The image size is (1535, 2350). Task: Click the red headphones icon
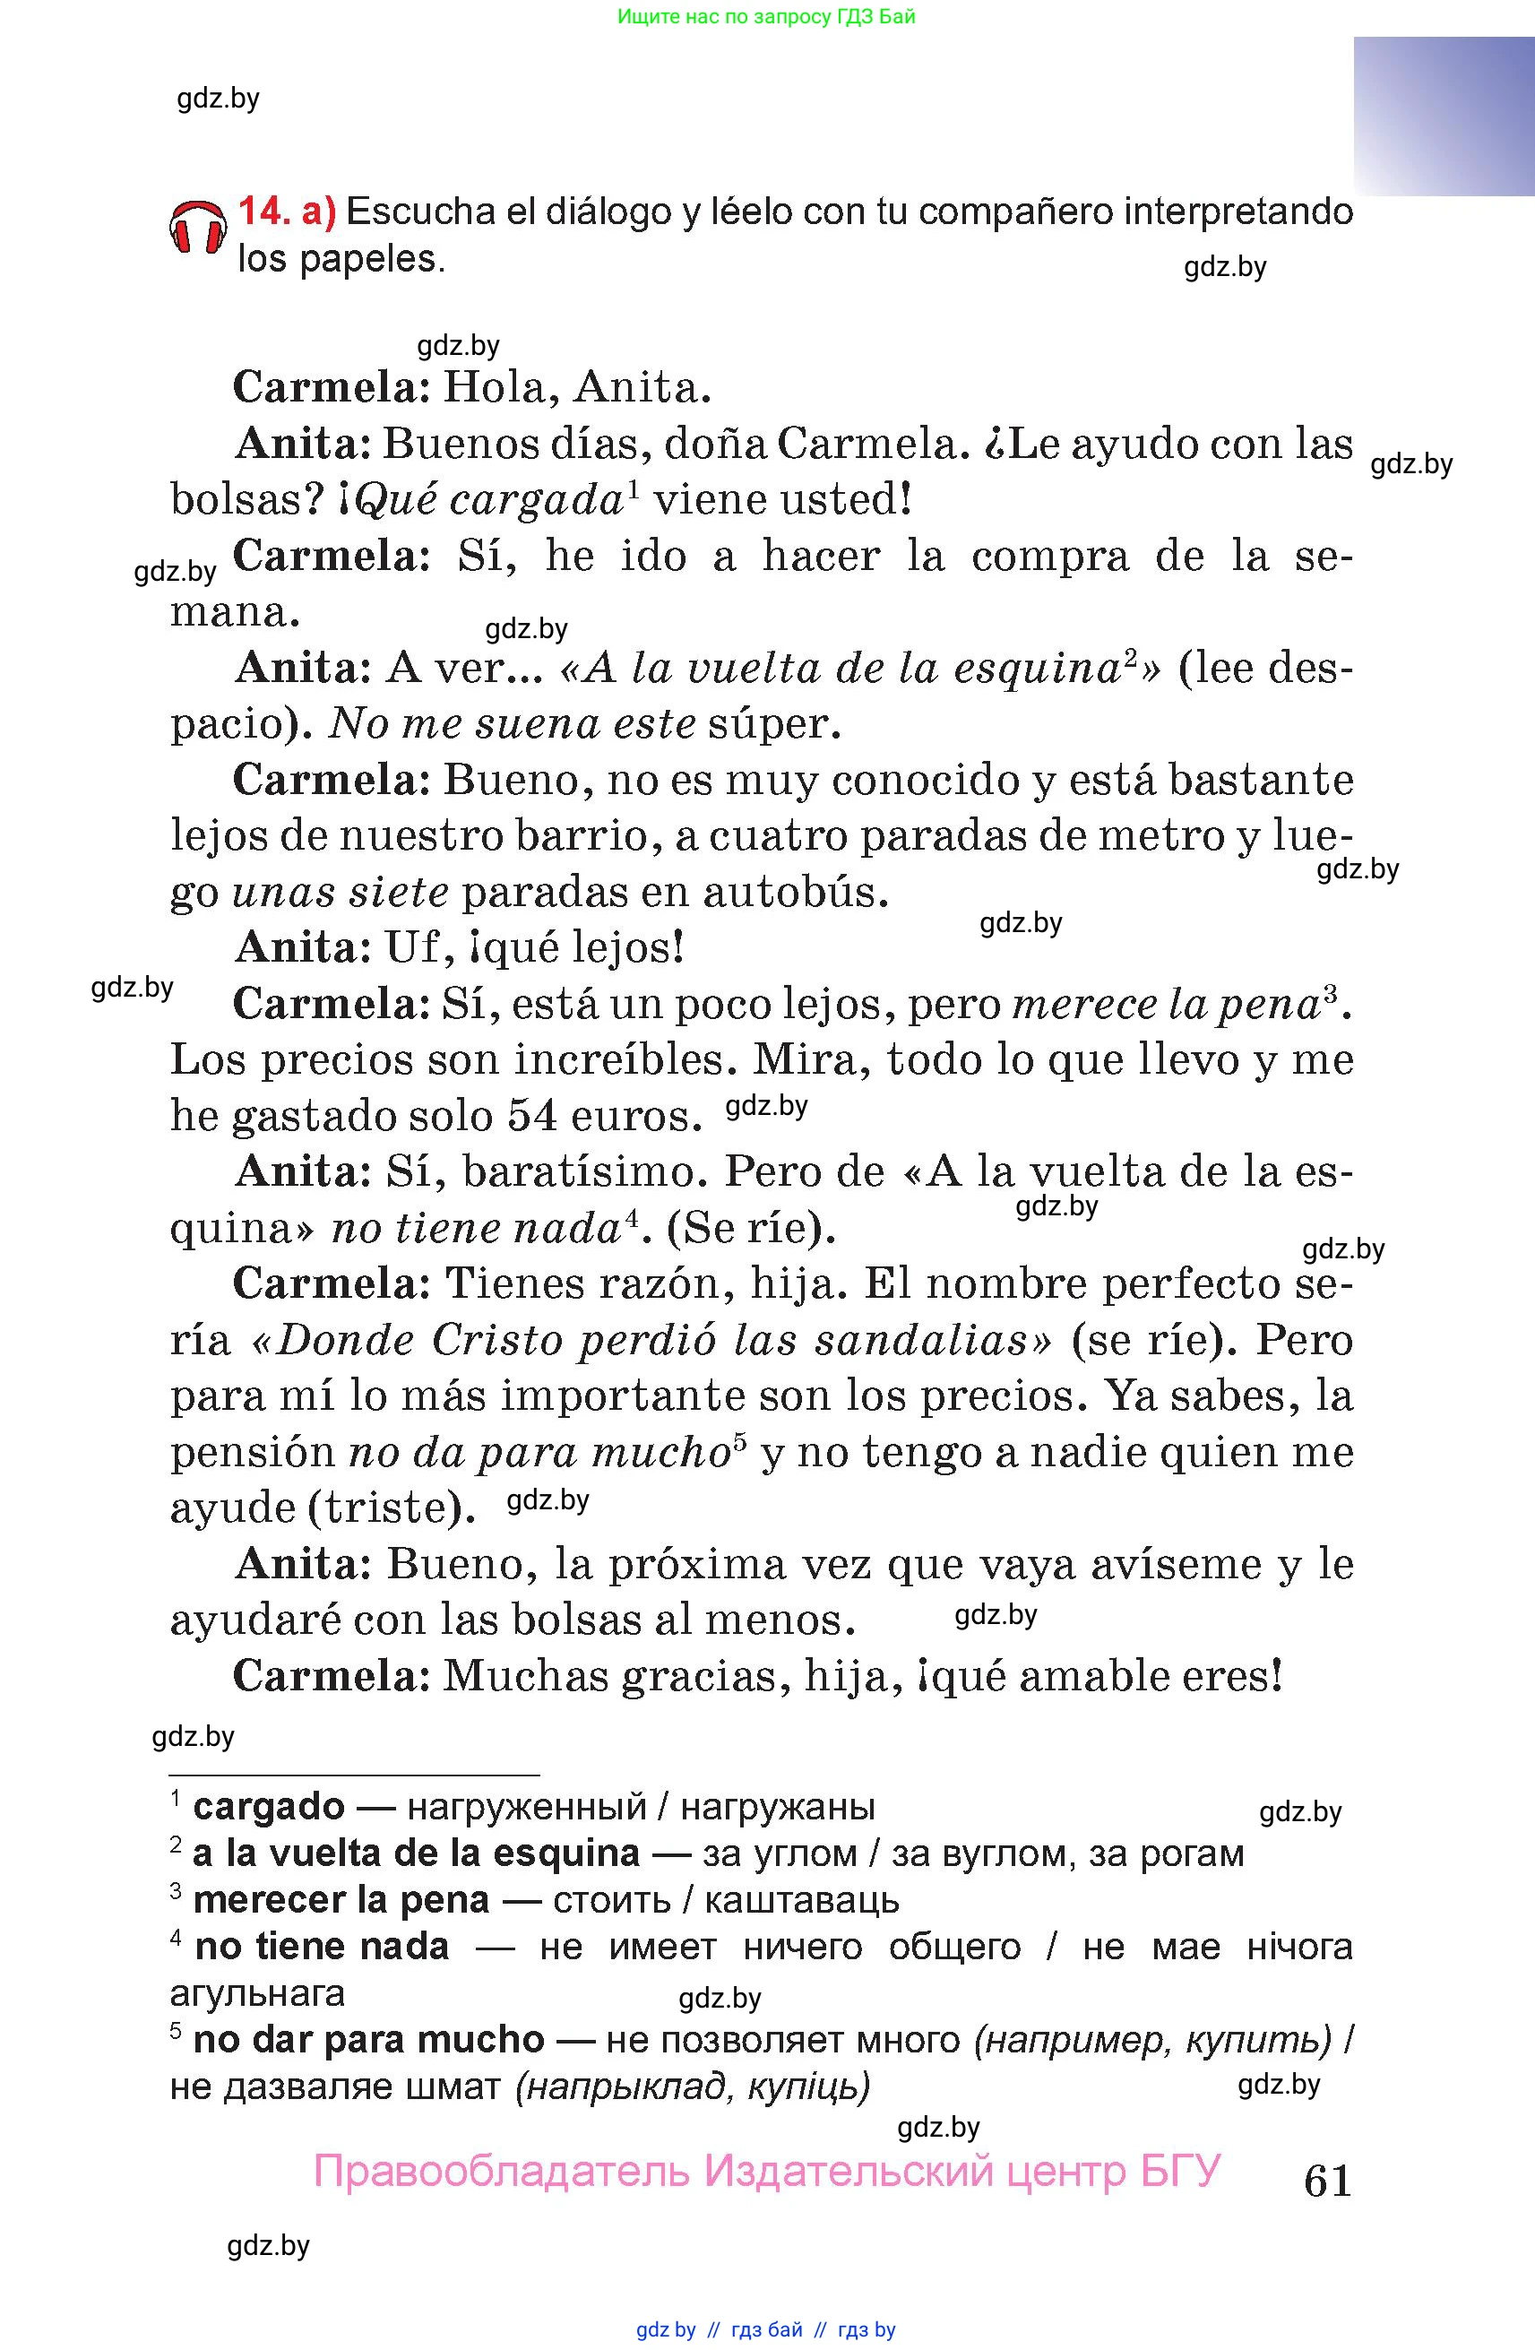[x=197, y=228]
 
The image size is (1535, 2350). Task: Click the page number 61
[x=1327, y=2181]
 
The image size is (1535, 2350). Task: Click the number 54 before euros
[x=534, y=1116]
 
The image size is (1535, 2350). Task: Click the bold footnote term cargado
[x=269, y=1807]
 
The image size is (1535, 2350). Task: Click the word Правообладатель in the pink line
[x=501, y=2172]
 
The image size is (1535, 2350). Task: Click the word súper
[x=774, y=724]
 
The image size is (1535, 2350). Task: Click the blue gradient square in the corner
[x=1444, y=116]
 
